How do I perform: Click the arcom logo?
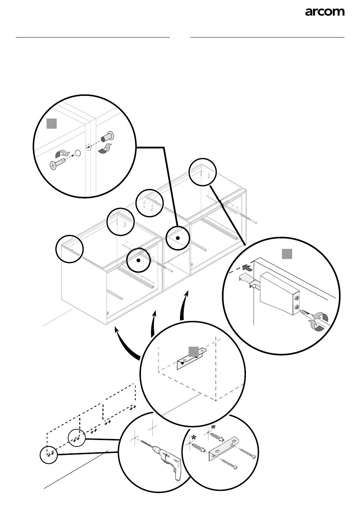(325, 12)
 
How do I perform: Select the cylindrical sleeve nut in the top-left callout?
(108, 136)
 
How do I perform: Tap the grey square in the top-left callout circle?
(52, 124)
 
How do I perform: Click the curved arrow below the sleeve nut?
(105, 149)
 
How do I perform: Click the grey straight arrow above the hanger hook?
(247, 268)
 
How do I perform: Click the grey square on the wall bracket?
(194, 351)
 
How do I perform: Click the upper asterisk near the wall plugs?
(213, 427)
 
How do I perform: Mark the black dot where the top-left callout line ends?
(177, 238)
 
